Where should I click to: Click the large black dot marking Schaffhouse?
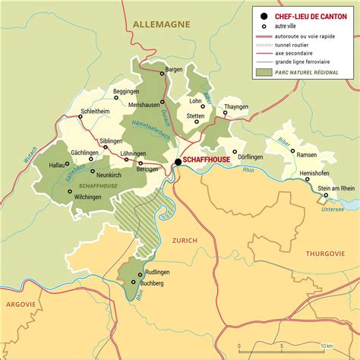178,162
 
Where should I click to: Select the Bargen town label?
174,69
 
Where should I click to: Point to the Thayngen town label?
236,107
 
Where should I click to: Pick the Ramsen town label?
306,154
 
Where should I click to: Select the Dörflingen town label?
251,157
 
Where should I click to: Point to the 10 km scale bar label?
325,345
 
